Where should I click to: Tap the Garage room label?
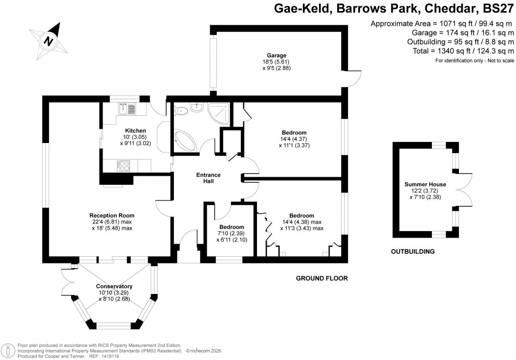tap(277, 55)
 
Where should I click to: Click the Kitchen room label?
tap(125, 131)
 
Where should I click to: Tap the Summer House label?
tap(426, 184)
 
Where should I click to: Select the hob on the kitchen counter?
tap(123, 164)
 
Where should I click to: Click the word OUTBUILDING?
tap(413, 251)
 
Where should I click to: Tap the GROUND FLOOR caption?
tap(321, 278)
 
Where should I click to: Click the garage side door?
tap(355, 78)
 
